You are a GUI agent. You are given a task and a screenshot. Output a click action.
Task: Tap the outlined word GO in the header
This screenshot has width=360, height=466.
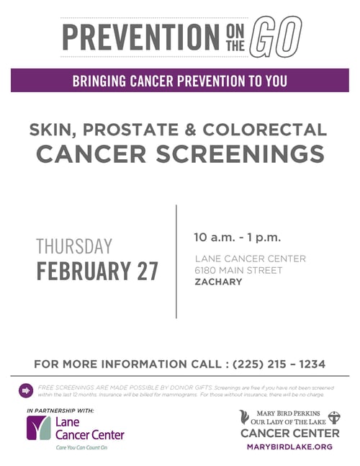(277, 36)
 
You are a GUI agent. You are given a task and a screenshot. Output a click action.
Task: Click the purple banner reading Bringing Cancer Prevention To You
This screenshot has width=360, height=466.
(179, 81)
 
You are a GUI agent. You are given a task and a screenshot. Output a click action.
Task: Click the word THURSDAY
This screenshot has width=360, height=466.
(74, 246)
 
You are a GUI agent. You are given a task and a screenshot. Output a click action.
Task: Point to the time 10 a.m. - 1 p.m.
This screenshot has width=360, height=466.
(237, 237)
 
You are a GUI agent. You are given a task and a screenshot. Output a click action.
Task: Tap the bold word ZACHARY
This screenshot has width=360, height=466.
(218, 282)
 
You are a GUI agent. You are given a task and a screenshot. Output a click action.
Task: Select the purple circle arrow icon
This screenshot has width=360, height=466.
(27, 390)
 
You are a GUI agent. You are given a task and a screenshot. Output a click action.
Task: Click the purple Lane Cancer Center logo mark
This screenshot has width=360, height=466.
(37, 428)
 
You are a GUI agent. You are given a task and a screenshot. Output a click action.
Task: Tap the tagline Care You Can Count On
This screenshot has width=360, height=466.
(81, 447)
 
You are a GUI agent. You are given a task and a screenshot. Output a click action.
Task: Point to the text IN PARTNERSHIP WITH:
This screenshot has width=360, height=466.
(60, 410)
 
